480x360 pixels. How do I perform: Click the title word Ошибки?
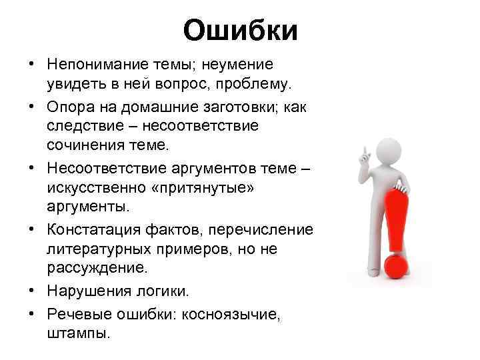[240, 30]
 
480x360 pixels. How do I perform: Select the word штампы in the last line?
[79, 331]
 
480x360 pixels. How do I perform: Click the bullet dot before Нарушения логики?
[32, 291]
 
